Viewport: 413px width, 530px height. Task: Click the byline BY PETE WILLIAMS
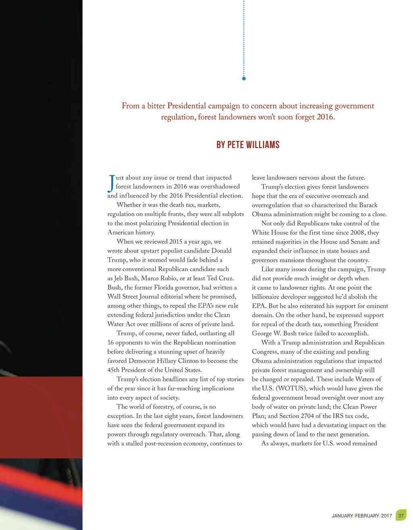(x=248, y=145)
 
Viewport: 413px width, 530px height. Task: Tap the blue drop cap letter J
(x=111, y=183)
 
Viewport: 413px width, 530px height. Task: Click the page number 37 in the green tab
(x=400, y=515)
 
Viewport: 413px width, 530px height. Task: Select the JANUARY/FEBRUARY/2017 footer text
(x=361, y=516)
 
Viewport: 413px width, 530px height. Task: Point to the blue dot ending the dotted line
(x=244, y=79)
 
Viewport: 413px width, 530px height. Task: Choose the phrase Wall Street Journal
(x=134, y=296)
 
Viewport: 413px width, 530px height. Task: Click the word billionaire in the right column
(x=268, y=297)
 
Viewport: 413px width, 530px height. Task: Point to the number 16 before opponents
(x=111, y=343)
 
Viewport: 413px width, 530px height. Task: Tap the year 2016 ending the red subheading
(x=325, y=117)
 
